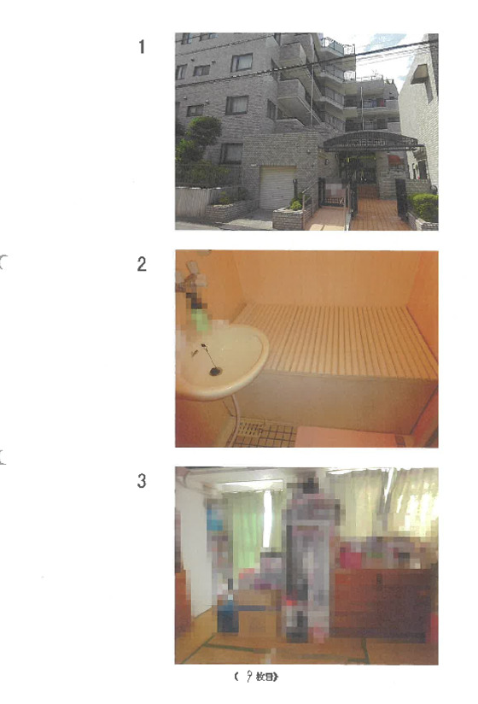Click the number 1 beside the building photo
coord(142,47)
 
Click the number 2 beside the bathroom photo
coord(142,265)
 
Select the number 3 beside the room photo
coord(142,481)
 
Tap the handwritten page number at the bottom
coord(249,677)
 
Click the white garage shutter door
coord(277,188)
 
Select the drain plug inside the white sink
coord(215,371)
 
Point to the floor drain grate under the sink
coord(251,429)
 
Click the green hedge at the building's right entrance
coord(424,206)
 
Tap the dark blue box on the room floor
coord(226,616)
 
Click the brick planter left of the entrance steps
coord(288,219)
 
